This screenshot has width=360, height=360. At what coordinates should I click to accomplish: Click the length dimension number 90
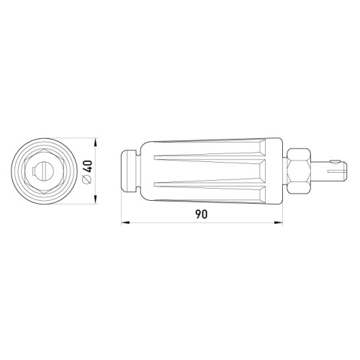pos(201,214)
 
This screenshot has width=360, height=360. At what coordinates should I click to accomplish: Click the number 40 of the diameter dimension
pos(89,166)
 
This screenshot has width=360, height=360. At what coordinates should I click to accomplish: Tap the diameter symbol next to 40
pos(88,180)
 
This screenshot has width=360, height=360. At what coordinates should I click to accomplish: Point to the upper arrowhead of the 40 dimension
pos(96,143)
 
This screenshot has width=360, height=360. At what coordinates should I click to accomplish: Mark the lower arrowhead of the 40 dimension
pos(96,199)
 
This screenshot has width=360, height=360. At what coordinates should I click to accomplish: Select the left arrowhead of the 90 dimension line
pos(125,223)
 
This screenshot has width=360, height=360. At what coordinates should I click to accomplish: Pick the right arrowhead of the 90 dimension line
pos(278,223)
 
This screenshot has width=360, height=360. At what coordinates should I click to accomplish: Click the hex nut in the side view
pos(299,171)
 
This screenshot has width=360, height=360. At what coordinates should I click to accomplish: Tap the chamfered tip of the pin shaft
pos(345,171)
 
